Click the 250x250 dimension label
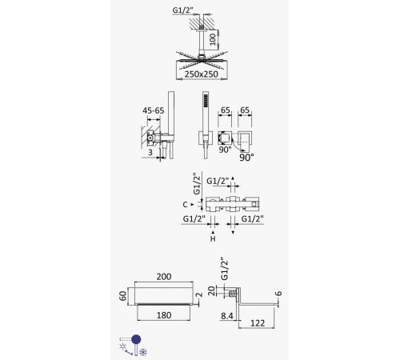tap(202, 74)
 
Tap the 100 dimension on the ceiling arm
tap(213, 39)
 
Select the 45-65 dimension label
tap(154, 110)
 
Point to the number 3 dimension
tap(150, 152)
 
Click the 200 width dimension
tap(164, 277)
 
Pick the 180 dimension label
tap(164, 315)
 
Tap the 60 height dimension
tap(122, 296)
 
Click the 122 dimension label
tap(258, 323)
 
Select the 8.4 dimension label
tap(227, 316)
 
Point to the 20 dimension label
tap(211, 290)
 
